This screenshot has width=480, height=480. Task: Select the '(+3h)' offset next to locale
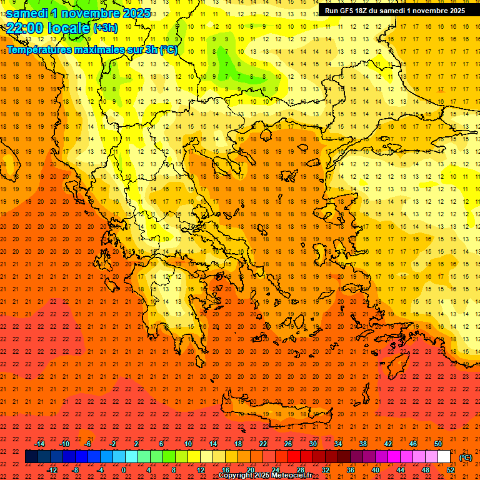[x=105, y=28]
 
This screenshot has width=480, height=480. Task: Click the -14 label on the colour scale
[x=39, y=444]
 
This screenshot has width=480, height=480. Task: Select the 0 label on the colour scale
[x=124, y=469]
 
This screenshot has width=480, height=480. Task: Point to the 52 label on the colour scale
[x=451, y=469]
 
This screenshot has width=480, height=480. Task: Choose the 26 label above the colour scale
[x=288, y=444]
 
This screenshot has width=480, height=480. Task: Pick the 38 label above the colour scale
[x=362, y=444]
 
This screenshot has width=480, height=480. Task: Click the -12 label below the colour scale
[x=52, y=469]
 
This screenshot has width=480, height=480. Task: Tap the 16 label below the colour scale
[x=225, y=469]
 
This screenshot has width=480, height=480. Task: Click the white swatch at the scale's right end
[x=444, y=457]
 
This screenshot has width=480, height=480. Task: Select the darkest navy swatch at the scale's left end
[x=31, y=457]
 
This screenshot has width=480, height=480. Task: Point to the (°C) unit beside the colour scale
[x=466, y=457]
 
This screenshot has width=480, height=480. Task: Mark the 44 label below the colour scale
[x=401, y=469]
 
